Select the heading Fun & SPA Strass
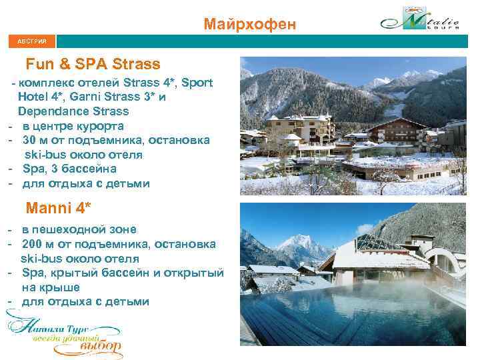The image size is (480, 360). pos(93,64)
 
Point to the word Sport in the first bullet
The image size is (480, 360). pos(197,83)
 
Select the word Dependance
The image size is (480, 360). pos(51,111)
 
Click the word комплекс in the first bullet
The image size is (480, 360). pos(43,83)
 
